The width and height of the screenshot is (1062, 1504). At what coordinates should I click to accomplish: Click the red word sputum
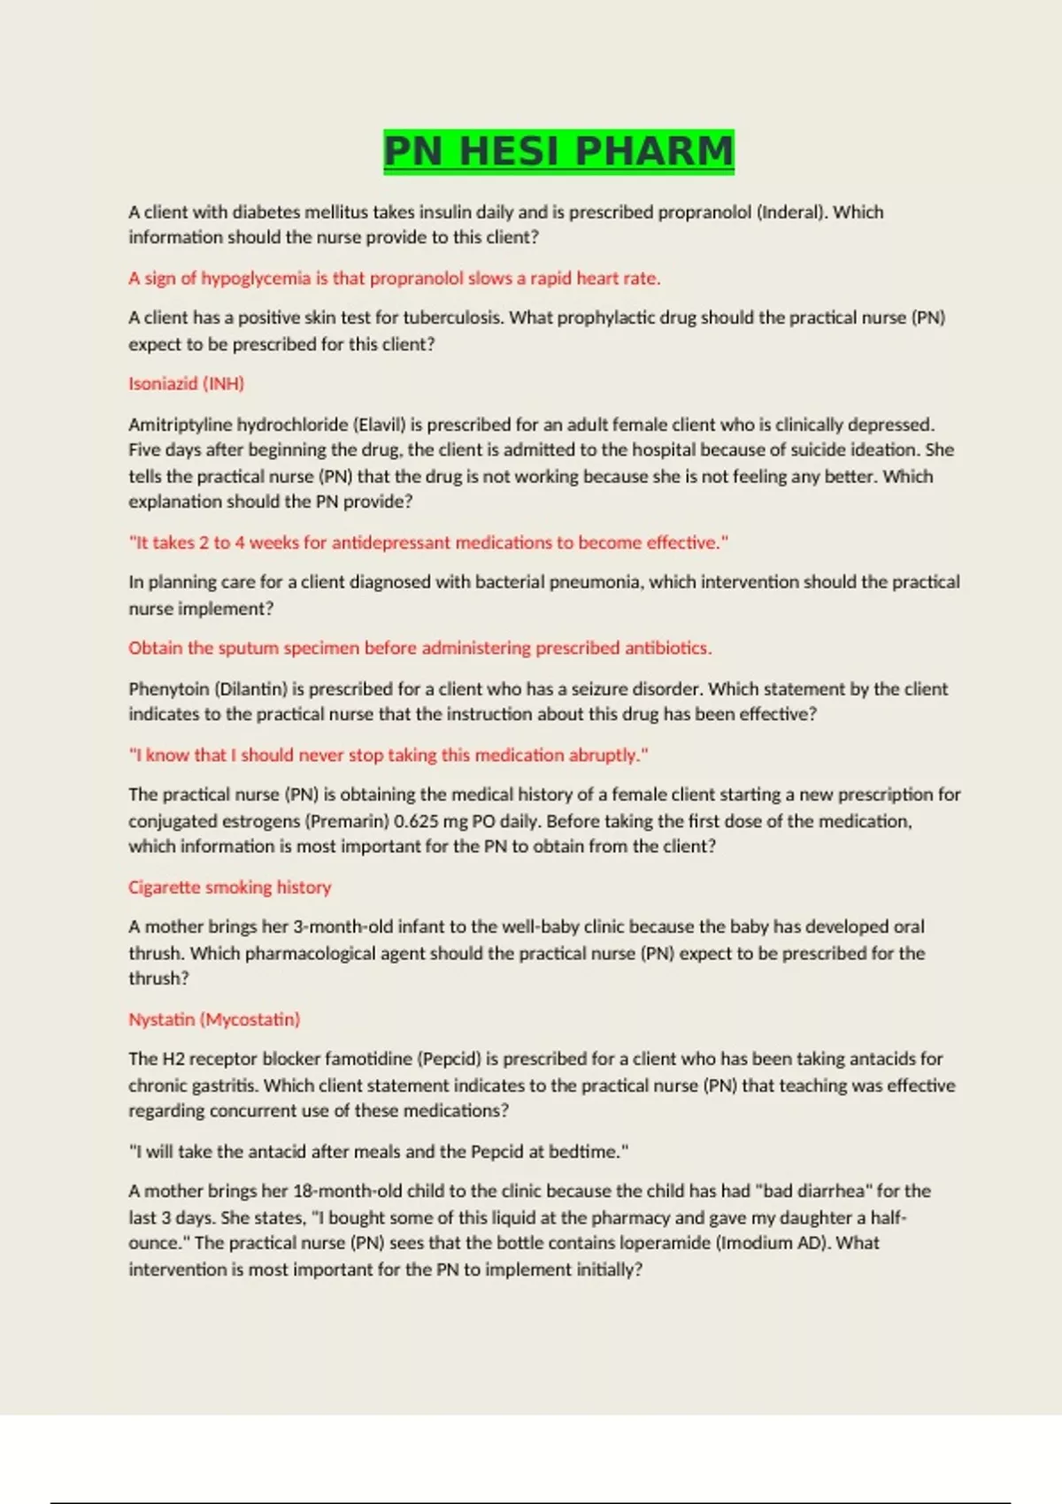pos(249,648)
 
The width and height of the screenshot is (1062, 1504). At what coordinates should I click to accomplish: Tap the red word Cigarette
pos(164,887)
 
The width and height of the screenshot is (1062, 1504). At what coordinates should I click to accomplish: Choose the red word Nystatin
pos(162,1019)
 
